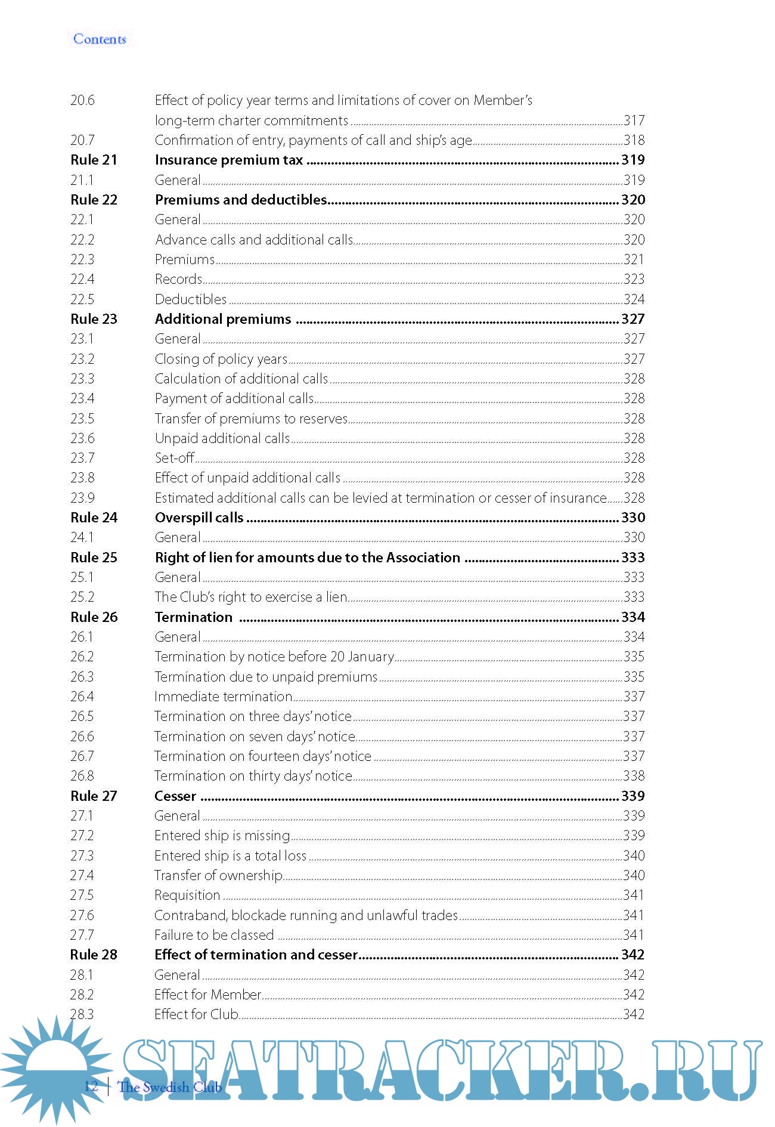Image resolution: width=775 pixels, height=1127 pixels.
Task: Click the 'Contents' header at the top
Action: [x=100, y=39]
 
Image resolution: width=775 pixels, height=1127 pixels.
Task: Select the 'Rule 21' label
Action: [x=94, y=160]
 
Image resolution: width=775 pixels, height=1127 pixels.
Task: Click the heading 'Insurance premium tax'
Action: [x=229, y=160]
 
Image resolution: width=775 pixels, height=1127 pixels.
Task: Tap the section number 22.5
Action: [x=82, y=299]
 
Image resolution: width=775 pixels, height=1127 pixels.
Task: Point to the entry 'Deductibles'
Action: [x=191, y=299]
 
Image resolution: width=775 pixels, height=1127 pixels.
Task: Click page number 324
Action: [x=634, y=299]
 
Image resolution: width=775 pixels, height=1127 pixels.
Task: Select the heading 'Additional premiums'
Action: [x=223, y=319]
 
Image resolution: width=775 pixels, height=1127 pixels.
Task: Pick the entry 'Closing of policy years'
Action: [x=221, y=359]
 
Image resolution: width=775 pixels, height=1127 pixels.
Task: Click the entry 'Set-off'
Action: [x=175, y=458]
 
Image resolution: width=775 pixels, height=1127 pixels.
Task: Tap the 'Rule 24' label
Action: [x=94, y=518]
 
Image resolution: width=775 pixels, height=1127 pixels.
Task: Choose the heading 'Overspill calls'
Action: [x=199, y=518]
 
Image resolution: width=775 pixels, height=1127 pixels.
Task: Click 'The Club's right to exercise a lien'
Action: [x=251, y=597]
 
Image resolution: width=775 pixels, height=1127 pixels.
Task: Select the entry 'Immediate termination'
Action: [x=224, y=696]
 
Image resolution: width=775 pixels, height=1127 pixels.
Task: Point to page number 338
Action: [x=634, y=776]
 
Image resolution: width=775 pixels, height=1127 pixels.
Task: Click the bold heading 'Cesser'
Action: [x=175, y=796]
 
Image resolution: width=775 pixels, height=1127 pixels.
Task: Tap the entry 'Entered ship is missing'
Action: [x=222, y=835]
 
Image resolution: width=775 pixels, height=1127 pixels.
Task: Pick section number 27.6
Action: [x=82, y=915]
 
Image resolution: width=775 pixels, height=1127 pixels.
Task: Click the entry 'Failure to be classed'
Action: [x=214, y=935]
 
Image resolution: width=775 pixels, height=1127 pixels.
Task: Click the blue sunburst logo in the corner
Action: [x=54, y=1067]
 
